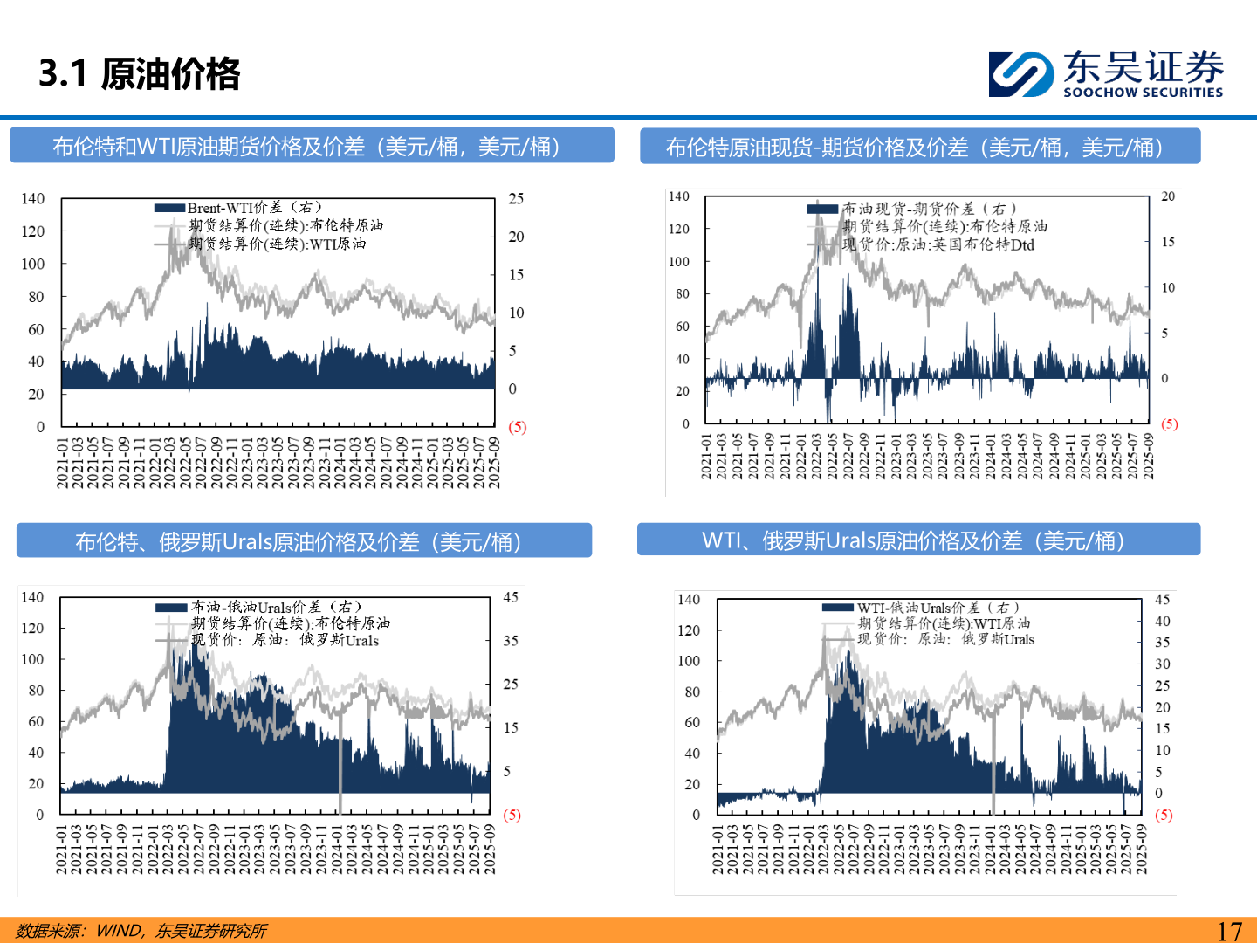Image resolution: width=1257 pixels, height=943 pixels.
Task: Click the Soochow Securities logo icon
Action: (x=1020, y=73)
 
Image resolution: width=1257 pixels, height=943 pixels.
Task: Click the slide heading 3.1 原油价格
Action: (x=140, y=73)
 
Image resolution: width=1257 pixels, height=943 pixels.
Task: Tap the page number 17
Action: (x=1229, y=931)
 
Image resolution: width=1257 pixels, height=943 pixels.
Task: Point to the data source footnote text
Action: (x=141, y=931)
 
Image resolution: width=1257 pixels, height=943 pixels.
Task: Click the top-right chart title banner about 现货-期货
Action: (x=920, y=147)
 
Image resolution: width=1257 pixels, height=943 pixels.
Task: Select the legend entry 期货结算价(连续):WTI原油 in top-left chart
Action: (x=277, y=244)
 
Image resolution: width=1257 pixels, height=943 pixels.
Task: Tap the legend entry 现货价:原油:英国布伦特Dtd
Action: (x=938, y=245)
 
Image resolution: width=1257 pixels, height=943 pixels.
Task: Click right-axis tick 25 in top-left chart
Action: (x=516, y=199)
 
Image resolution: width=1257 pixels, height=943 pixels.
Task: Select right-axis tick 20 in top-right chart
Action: (x=1168, y=196)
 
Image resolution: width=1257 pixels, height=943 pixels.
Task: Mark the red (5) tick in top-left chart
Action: (x=517, y=427)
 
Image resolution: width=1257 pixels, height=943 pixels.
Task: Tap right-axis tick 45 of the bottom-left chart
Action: (x=511, y=597)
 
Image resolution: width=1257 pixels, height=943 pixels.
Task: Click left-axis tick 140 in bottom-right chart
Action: (x=689, y=600)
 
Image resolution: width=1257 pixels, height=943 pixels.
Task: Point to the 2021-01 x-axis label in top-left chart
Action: (x=62, y=463)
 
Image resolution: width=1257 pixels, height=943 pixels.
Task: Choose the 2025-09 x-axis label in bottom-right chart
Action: (x=1141, y=850)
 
